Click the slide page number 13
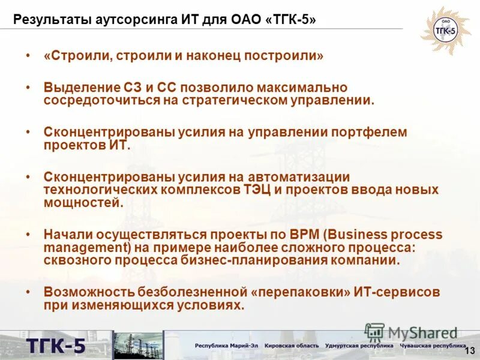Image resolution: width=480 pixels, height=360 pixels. pyautogui.click(x=469, y=350)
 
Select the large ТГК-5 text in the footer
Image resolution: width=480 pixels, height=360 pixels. pyautogui.click(x=55, y=346)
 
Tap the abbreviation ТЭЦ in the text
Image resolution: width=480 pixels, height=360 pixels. pyautogui.click(x=260, y=190)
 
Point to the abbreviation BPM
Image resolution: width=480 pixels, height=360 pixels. pyautogui.click(x=287, y=234)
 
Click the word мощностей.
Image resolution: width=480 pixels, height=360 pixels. pyautogui.click(x=83, y=203)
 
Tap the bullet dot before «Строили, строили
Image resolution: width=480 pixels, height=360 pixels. pyautogui.click(x=28, y=56)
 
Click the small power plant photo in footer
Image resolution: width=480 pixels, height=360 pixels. pyautogui.click(x=138, y=346)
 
